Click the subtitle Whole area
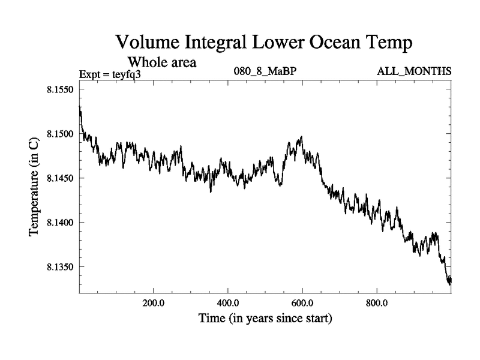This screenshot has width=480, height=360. point(161,62)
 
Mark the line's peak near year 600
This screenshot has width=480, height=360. point(301,137)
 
